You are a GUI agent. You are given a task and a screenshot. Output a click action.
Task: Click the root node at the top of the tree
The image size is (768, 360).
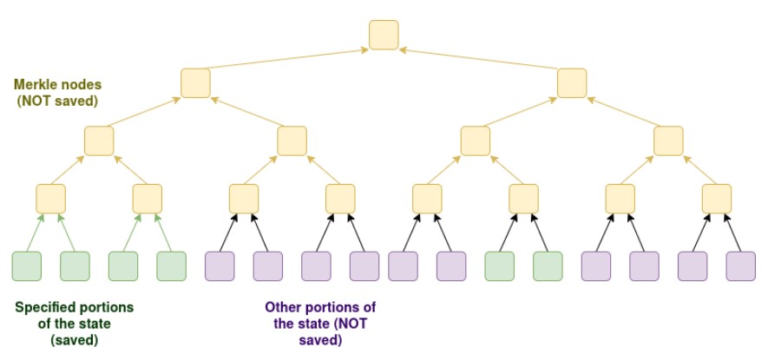tap(384, 35)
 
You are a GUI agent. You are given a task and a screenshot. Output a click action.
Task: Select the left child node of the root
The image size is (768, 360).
tap(196, 82)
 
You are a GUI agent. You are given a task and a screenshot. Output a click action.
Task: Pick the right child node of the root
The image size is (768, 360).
tap(572, 82)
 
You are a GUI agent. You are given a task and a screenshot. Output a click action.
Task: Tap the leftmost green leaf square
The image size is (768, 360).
tap(27, 265)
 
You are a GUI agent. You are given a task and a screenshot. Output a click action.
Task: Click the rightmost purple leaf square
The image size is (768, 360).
tap(740, 265)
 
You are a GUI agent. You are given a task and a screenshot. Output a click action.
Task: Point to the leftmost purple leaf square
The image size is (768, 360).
tap(220, 265)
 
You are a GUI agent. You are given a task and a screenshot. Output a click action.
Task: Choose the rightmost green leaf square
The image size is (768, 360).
tap(548, 265)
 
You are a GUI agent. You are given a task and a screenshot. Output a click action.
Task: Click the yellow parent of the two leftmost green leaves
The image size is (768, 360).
tap(51, 199)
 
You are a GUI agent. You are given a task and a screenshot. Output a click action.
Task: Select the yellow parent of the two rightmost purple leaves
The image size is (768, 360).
tap(717, 199)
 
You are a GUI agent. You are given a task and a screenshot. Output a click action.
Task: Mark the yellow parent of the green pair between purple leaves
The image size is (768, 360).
tap(524, 199)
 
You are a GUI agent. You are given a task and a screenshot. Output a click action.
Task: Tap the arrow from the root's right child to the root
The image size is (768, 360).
tap(478, 60)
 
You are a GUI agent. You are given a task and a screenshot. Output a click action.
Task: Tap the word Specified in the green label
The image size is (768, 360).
tap(43, 308)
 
